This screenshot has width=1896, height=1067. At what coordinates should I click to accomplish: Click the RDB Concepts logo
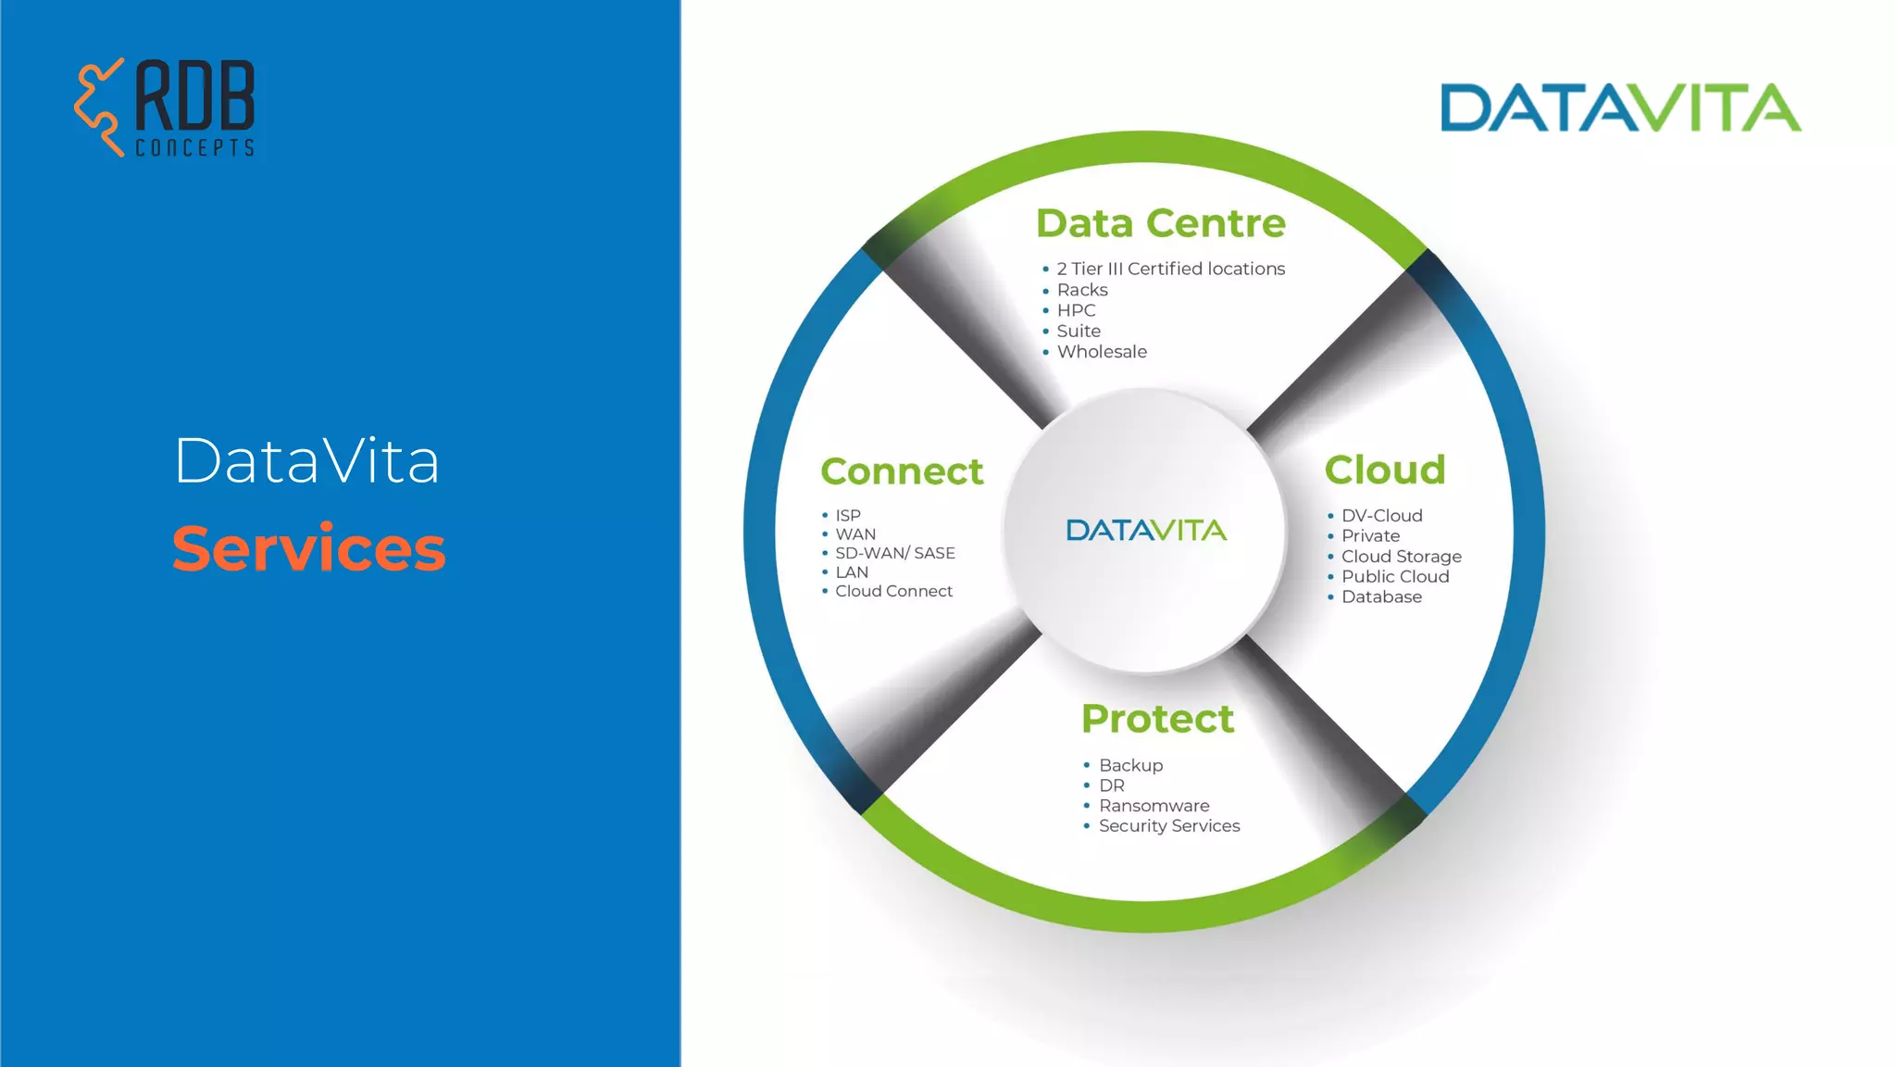point(165,107)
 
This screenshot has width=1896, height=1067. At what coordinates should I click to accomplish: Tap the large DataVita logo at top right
point(1620,108)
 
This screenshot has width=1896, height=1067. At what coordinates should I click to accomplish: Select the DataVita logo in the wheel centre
point(1146,530)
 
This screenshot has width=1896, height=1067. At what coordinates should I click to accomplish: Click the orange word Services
point(309,548)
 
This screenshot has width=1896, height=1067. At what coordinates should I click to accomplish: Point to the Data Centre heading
point(1161,223)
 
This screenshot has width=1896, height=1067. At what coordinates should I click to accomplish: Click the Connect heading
point(902,471)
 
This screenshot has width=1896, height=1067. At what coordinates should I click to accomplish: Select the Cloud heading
point(1385,470)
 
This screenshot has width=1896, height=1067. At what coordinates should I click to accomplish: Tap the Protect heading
point(1157,719)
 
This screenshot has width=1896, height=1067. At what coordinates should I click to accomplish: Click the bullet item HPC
point(1076,310)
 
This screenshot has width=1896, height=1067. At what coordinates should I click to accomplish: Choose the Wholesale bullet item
point(1102,352)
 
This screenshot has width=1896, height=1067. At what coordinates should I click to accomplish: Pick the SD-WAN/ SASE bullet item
point(894,553)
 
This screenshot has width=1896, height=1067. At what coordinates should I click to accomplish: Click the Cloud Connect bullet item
point(893,591)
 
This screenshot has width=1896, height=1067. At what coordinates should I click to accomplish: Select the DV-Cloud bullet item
point(1381,516)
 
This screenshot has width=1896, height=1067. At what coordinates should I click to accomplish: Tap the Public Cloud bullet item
point(1395,576)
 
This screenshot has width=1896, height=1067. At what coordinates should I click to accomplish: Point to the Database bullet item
point(1381,596)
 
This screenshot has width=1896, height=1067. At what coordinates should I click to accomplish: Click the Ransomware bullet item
point(1154,806)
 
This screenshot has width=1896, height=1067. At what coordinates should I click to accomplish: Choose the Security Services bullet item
point(1169,826)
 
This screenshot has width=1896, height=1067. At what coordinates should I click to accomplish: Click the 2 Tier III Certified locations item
point(1170,269)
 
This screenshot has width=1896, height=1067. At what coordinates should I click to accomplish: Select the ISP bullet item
point(848,515)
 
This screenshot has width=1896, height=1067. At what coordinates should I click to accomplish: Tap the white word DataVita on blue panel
point(306,461)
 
